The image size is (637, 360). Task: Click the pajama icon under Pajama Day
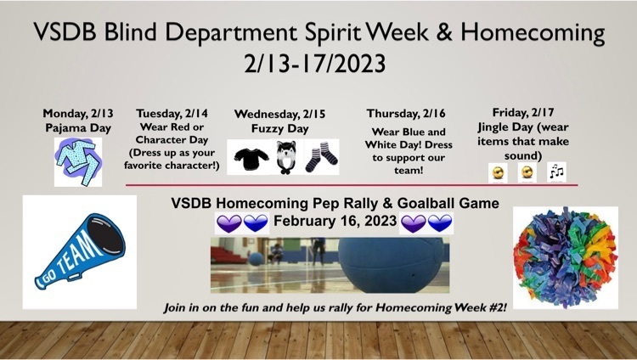78,161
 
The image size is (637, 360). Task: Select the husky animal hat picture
286,156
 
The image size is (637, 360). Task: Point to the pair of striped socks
321,157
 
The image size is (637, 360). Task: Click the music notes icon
556,172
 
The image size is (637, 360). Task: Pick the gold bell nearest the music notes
527,172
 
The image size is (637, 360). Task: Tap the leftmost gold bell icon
498,172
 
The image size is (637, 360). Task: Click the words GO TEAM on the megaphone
75,260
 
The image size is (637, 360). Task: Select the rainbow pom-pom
566,257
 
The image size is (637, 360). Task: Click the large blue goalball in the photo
392,265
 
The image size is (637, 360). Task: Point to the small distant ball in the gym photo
256,259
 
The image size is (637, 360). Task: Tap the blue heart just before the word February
256,223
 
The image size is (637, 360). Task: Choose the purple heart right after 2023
413,223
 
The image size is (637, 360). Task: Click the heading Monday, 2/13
78,113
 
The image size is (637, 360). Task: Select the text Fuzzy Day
280,129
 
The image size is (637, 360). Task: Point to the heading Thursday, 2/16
406,114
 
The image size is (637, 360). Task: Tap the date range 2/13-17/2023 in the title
315,64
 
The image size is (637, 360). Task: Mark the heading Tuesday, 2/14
172,113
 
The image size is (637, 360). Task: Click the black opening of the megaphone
106,236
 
